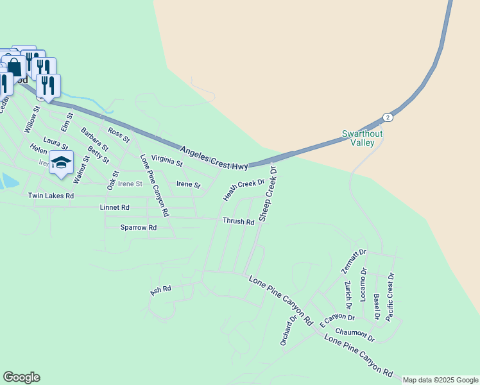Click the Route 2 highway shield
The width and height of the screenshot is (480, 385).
coord(387,117)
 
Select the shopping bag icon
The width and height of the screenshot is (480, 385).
coord(15,66)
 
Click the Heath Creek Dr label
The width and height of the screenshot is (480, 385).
coord(244,190)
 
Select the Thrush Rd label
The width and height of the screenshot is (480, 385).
coord(238,221)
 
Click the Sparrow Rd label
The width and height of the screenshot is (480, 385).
coord(139,228)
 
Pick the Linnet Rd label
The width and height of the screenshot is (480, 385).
coord(115,208)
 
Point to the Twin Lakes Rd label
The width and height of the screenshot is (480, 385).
coord(51,195)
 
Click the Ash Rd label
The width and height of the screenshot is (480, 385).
coord(160,290)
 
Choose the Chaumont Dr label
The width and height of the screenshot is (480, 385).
coord(355,335)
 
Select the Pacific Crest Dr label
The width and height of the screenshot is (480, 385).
coord(390,296)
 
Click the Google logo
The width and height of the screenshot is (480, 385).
coord(21,377)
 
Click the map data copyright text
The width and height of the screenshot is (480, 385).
coord(440,380)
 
